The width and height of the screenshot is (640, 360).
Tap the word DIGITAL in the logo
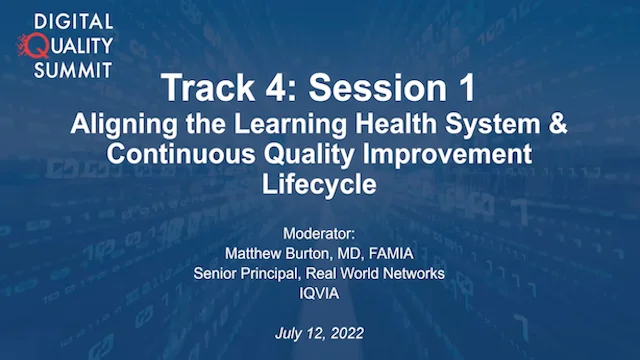coord(73,22)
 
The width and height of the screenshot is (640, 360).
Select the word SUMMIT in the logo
coord(73,70)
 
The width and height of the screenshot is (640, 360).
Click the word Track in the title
coord(208,87)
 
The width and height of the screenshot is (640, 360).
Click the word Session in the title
coord(373,87)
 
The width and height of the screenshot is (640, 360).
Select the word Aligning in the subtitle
coord(124,124)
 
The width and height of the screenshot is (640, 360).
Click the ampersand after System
coord(558,123)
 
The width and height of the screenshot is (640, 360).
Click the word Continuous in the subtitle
coord(181,154)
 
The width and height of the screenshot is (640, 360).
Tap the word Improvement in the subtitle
coord(447,155)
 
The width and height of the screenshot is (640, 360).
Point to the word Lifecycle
coord(319,185)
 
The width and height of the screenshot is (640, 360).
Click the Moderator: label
coord(319,234)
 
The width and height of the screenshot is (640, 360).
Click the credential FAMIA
coord(391,253)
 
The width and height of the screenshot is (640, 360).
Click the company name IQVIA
coord(319,293)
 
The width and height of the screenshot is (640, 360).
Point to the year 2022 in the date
coord(347,333)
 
